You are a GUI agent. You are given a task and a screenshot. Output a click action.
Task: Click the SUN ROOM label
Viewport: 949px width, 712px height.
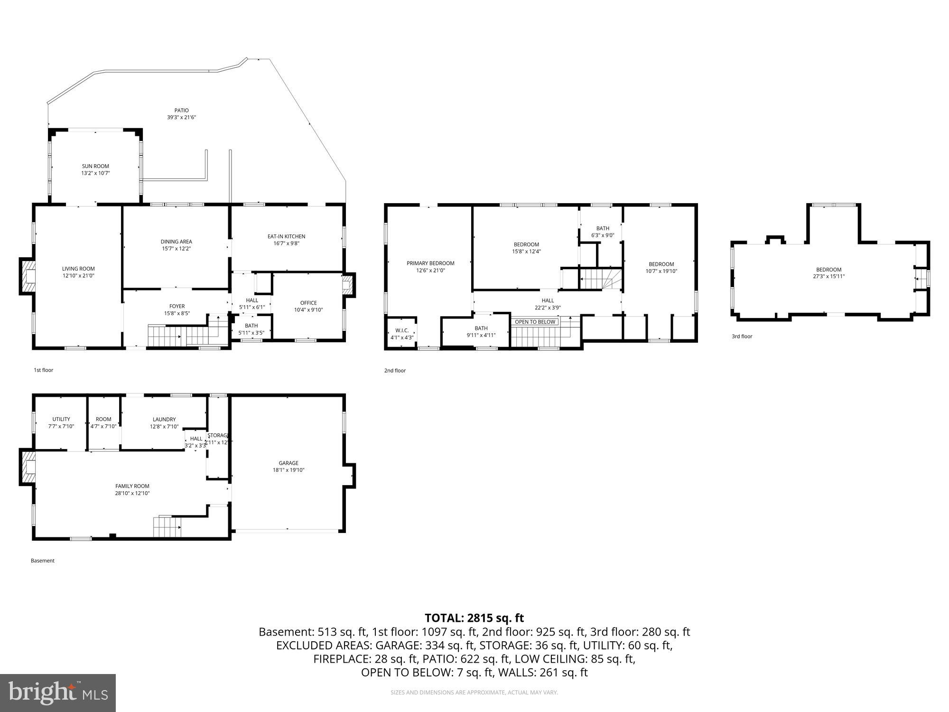95,167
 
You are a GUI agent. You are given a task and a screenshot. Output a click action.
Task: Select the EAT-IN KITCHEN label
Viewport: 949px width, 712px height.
286,236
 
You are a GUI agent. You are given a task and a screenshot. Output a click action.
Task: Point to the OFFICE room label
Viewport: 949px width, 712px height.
308,303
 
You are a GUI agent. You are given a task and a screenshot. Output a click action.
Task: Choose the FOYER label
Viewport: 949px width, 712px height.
177,306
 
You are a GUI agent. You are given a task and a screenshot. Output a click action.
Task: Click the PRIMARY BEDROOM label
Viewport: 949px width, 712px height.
430,263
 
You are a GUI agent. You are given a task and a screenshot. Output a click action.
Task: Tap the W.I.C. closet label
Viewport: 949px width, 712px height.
402,330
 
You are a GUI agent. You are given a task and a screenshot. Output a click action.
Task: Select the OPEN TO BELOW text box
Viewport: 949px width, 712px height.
535,322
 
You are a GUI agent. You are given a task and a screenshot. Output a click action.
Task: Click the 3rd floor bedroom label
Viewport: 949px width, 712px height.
828,270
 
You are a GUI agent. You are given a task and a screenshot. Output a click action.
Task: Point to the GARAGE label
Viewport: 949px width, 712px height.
288,463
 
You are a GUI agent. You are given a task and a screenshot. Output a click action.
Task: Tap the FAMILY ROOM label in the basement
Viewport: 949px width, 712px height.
132,486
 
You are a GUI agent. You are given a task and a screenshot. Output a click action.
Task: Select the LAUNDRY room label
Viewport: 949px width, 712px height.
164,420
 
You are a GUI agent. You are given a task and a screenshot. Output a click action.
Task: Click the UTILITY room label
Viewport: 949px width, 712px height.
61,419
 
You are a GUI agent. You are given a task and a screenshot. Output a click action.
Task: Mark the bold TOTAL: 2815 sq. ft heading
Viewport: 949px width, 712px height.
474,618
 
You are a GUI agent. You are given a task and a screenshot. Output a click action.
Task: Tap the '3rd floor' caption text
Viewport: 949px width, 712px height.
742,337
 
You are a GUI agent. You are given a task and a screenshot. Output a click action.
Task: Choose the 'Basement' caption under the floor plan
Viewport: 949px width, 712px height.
43,561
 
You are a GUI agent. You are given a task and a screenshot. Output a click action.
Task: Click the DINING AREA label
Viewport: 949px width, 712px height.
176,242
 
